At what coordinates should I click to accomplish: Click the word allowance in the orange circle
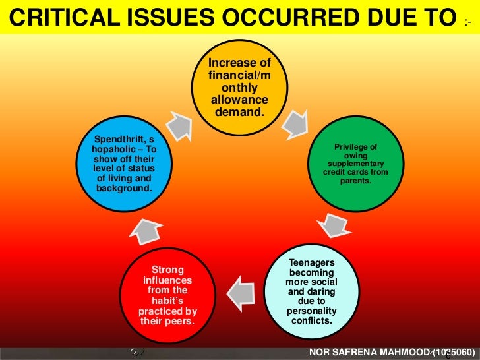239,100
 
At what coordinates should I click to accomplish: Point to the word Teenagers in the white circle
311,262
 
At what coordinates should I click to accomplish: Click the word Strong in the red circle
168,270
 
